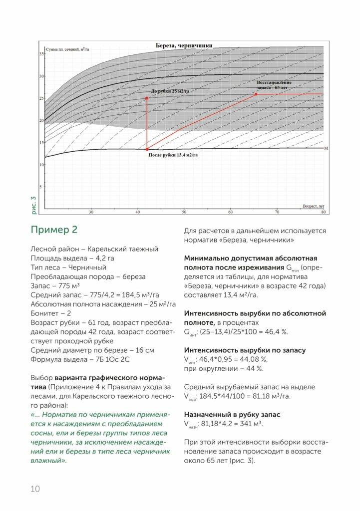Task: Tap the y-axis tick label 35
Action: [42, 54]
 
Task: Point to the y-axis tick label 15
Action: [42, 143]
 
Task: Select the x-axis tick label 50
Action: [184, 212]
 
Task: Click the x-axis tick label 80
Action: [323, 212]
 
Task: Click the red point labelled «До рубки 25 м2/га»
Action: [147, 98]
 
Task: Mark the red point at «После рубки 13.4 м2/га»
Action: [147, 149]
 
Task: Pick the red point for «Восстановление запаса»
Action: [256, 94]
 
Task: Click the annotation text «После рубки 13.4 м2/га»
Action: [177, 155]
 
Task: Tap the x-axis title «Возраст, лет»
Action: [314, 206]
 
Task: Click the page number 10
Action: [35, 489]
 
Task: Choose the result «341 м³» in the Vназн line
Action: [250, 424]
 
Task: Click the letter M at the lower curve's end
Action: [325, 149]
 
